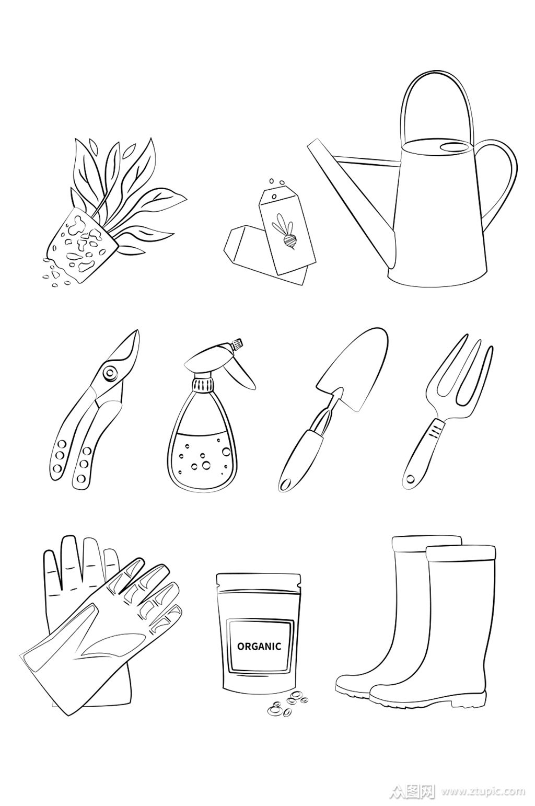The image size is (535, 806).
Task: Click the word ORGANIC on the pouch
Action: [259, 646]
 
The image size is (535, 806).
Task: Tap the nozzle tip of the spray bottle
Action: [238, 343]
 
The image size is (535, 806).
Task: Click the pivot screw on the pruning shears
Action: [109, 373]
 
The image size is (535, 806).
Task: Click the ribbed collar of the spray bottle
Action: [203, 385]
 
